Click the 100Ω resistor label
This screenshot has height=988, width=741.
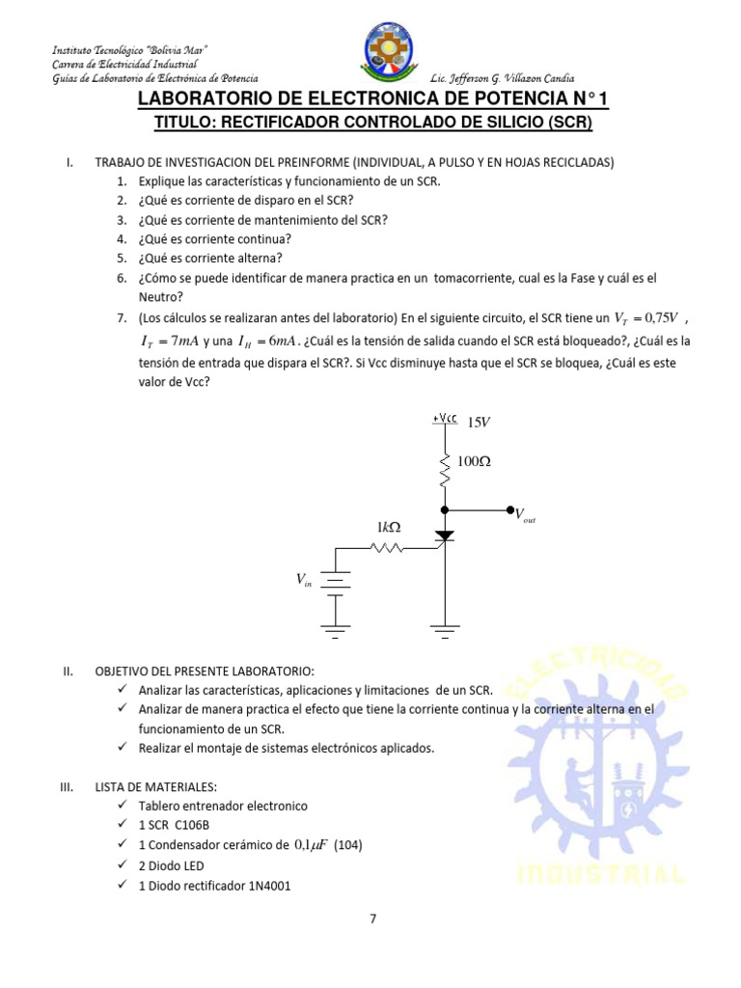[x=474, y=462]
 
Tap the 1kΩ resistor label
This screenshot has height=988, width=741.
[x=389, y=527]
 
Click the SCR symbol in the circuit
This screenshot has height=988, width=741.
[x=445, y=535]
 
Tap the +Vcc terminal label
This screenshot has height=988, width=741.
[x=446, y=419]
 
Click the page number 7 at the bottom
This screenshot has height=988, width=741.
[x=373, y=919]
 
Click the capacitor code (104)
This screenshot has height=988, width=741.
[x=348, y=844]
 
